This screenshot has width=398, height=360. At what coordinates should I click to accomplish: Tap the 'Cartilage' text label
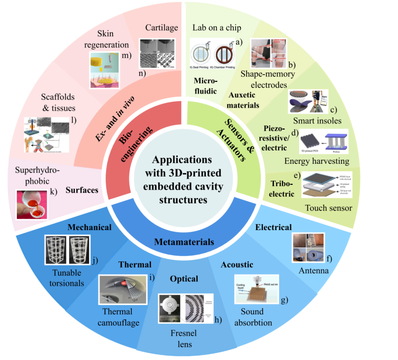coord(161,28)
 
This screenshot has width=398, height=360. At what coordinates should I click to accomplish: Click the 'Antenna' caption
coord(313,271)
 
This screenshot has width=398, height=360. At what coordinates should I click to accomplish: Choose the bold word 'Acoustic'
coord(237,265)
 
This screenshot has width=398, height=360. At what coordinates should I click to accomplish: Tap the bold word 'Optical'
coord(184,279)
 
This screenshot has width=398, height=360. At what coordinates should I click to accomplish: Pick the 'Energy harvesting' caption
coord(317,161)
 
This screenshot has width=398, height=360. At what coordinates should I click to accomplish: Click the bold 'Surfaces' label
coord(82,189)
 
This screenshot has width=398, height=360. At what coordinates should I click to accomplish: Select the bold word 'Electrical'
coord(274,227)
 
